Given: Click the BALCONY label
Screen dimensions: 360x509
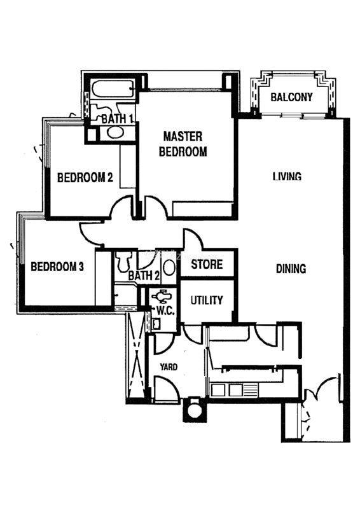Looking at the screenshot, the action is [x=291, y=97].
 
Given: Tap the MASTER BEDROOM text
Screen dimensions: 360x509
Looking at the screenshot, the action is [x=183, y=144].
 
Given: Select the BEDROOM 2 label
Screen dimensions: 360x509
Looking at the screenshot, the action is [x=85, y=178].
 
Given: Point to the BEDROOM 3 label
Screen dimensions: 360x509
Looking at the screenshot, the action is [x=57, y=267].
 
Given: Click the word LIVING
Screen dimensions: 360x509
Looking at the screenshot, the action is [x=287, y=176].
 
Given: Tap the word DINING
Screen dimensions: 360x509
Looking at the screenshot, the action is [x=291, y=268].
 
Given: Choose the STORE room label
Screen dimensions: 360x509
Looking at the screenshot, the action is [x=207, y=264].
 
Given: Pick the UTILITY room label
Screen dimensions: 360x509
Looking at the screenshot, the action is [x=207, y=300].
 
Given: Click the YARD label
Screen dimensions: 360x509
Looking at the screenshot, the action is [x=169, y=367].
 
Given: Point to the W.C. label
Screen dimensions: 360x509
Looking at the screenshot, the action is [x=165, y=310].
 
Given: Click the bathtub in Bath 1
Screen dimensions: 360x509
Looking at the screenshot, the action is [x=113, y=89].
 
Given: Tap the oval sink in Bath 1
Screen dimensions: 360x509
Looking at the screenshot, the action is [x=116, y=132].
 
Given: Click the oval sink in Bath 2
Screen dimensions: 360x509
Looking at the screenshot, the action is [x=169, y=267].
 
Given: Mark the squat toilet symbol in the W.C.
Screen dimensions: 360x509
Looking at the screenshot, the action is [x=162, y=296].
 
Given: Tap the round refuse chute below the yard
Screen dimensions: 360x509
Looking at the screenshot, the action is [x=195, y=410].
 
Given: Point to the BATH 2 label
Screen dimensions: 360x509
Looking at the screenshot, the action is [x=144, y=276].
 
